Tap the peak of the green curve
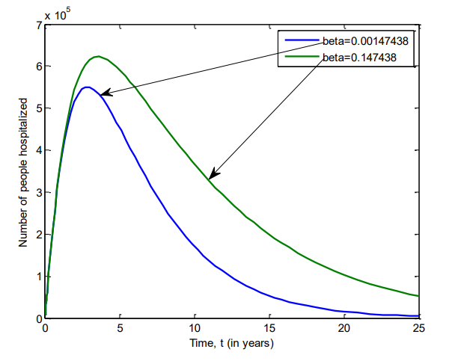[x=98, y=57]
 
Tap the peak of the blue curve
[x=87, y=87]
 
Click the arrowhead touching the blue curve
[x=105, y=93]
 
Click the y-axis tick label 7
[x=37, y=25]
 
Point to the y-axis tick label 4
[x=37, y=150]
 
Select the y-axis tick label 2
[x=37, y=235]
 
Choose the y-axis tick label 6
[x=37, y=67]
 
